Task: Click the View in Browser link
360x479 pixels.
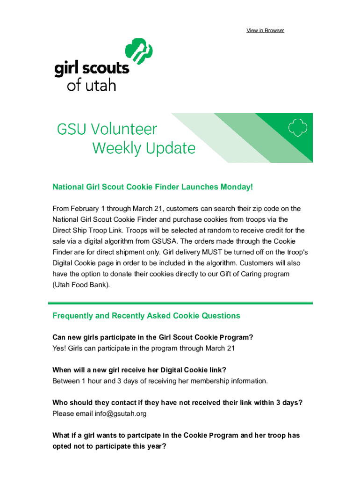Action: click(265, 30)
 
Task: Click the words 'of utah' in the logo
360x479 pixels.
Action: click(91, 85)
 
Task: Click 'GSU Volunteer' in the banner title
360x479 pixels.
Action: click(107, 129)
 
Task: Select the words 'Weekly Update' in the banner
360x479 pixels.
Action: click(144, 148)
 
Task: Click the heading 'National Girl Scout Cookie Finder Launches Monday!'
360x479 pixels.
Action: click(152, 187)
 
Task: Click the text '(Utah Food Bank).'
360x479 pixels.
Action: click(81, 284)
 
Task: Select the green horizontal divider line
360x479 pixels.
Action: click(180, 303)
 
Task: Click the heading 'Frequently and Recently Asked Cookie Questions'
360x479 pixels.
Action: click(146, 316)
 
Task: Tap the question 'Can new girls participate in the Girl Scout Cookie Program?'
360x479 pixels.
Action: click(153, 337)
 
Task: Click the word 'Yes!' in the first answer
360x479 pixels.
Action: click(59, 348)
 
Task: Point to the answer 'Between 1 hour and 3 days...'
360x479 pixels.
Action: click(160, 381)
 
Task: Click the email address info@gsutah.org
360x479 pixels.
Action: click(121, 414)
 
